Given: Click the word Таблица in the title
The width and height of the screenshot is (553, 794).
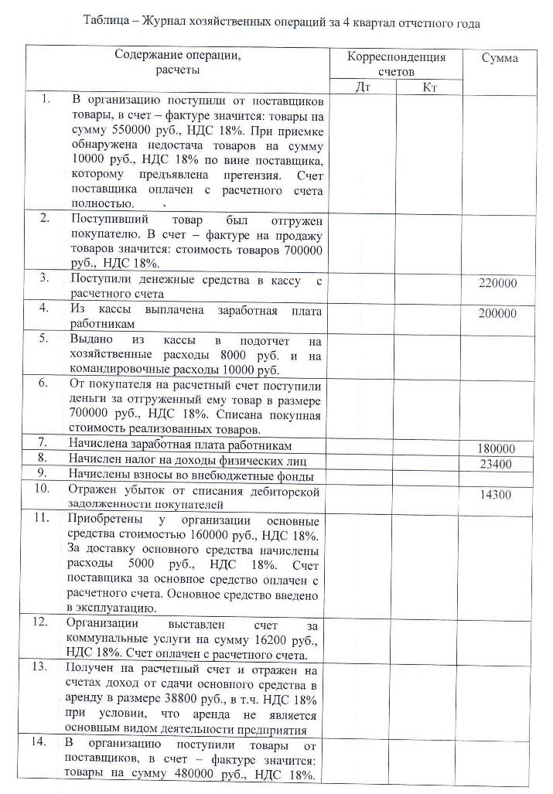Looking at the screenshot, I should click(107, 23).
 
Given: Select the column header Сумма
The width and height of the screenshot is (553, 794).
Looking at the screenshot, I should click(500, 58).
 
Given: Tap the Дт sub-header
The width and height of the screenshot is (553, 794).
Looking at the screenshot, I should click(363, 87).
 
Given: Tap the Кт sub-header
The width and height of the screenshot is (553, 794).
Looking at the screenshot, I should click(430, 87).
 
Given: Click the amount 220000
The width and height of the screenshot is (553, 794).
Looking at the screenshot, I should click(498, 284).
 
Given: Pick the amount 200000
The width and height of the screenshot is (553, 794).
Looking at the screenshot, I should click(498, 313).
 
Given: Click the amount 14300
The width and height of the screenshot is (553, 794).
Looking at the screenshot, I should click(498, 496).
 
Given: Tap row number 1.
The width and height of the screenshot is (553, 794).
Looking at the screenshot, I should click(46, 99).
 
